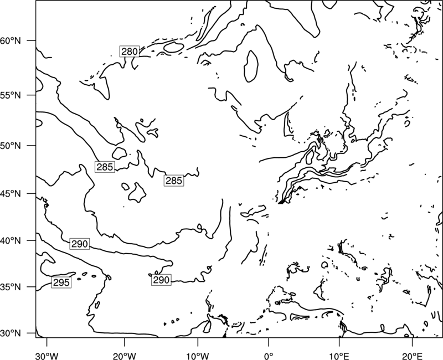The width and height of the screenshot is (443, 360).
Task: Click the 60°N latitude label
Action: (11, 41)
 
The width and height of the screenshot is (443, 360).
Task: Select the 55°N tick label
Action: (11, 95)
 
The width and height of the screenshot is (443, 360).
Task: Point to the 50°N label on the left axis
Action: (11, 146)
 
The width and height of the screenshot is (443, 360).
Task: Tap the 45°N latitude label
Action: (11, 194)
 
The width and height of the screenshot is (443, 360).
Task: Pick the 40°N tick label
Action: (11, 241)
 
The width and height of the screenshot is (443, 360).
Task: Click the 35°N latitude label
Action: (11, 287)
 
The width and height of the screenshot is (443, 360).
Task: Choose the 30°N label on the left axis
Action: (11, 333)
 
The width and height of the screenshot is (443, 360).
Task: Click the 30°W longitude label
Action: (47, 356)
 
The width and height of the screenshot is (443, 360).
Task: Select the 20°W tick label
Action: (124, 356)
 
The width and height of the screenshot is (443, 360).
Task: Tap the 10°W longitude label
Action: (197, 356)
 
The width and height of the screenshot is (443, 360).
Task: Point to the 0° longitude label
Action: (269, 356)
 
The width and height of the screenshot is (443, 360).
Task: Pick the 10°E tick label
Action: (339, 356)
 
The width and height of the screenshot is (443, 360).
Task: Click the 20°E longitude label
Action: (412, 356)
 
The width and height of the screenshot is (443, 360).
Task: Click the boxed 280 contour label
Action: (130, 51)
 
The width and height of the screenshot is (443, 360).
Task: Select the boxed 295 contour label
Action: (61, 282)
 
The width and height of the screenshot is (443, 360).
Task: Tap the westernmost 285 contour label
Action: (105, 167)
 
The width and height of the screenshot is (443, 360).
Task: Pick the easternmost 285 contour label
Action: (174, 181)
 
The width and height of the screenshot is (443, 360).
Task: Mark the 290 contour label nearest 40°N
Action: (79, 244)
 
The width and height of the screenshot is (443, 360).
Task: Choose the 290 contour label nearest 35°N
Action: (161, 280)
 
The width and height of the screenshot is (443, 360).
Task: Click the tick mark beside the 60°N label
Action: (32, 40)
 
